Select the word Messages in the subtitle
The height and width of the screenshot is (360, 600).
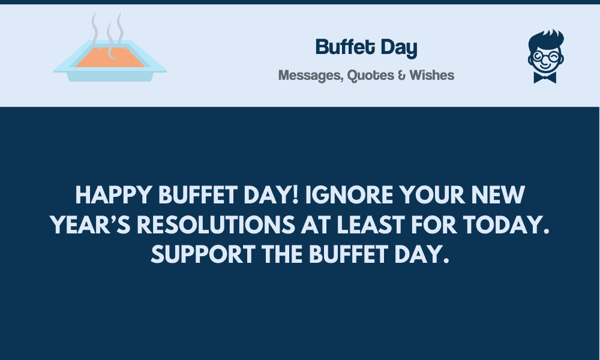(x=310, y=76)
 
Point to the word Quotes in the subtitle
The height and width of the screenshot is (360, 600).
(x=370, y=76)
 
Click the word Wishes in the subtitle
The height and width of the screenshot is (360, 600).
(x=431, y=75)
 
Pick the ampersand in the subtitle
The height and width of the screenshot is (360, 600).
(x=401, y=76)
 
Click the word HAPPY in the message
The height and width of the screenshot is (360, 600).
(x=113, y=195)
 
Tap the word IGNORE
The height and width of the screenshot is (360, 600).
(x=349, y=195)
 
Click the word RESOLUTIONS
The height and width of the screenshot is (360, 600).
(x=216, y=224)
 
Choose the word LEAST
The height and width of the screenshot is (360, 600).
(x=371, y=224)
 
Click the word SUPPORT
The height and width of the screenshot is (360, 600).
(x=203, y=254)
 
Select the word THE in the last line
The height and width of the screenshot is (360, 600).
(x=282, y=254)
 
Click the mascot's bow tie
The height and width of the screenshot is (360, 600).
(x=545, y=77)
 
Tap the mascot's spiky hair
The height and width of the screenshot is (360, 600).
(x=547, y=38)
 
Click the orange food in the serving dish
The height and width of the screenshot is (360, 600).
(x=110, y=58)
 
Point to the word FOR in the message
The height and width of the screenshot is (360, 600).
(x=434, y=224)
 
